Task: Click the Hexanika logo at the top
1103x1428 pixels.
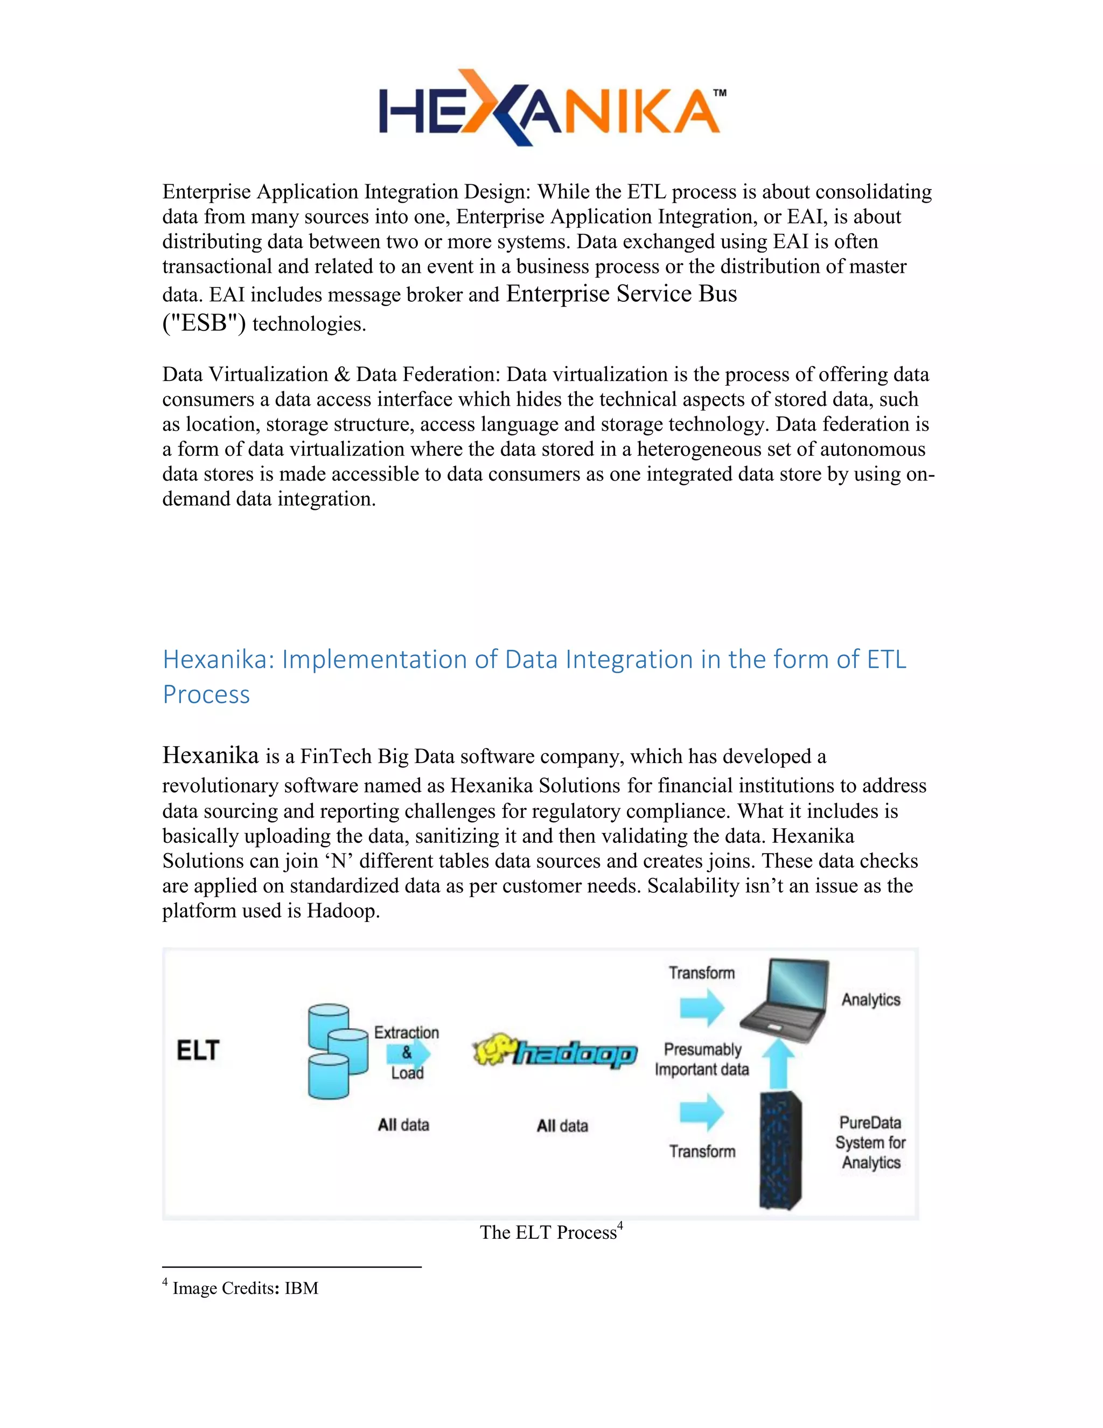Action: (x=550, y=108)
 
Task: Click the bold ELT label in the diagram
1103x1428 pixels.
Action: (x=198, y=1051)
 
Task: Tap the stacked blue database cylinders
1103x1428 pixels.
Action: (x=337, y=1051)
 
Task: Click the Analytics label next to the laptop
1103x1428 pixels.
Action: (x=870, y=1000)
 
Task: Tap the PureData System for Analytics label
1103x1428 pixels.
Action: (x=870, y=1142)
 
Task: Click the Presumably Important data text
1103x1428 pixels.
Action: (x=702, y=1059)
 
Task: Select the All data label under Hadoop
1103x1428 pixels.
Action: (x=562, y=1126)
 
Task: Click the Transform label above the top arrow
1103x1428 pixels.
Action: (x=701, y=973)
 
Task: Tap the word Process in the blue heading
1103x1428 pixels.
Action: (x=206, y=695)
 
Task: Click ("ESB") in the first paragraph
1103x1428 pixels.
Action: (x=204, y=323)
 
